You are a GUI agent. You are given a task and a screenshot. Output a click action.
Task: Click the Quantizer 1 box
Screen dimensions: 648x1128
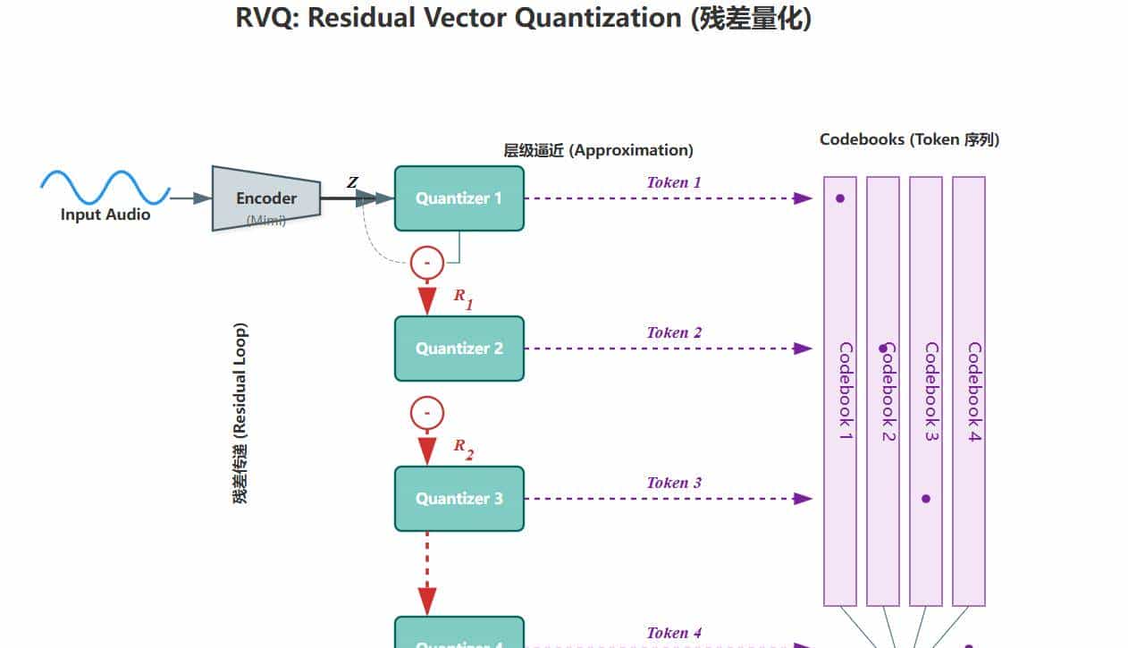459,198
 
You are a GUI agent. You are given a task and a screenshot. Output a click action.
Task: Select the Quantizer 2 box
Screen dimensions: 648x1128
459,349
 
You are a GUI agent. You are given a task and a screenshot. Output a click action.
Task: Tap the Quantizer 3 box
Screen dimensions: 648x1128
459,499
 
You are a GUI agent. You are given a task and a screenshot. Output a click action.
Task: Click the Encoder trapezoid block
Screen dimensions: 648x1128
265,198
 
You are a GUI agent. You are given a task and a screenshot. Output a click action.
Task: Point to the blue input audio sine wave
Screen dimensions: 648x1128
105,188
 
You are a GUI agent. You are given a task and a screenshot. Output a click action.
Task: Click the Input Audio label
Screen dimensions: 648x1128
105,215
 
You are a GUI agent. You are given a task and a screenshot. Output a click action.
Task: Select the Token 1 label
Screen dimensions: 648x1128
674,182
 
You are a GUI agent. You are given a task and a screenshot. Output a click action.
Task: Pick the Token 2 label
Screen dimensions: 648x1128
674,332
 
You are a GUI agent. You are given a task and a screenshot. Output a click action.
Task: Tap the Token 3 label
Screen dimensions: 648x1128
674,483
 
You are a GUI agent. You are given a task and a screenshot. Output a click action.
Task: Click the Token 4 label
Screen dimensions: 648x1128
674,633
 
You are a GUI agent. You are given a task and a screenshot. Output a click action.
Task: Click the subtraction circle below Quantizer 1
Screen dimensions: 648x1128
427,263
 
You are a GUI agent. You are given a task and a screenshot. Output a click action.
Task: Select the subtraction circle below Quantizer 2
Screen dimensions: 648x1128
427,413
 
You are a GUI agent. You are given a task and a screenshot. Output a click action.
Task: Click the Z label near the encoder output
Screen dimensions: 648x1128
352,183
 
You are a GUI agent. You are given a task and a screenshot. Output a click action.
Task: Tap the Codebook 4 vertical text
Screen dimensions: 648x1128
973,391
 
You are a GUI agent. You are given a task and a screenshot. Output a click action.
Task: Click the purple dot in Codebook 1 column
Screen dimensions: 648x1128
840,198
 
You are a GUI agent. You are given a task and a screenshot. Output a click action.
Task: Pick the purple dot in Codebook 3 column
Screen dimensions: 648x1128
926,499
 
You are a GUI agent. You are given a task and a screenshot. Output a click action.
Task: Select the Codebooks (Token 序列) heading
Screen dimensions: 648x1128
909,139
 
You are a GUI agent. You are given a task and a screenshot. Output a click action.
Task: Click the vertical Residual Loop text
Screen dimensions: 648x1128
240,413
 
